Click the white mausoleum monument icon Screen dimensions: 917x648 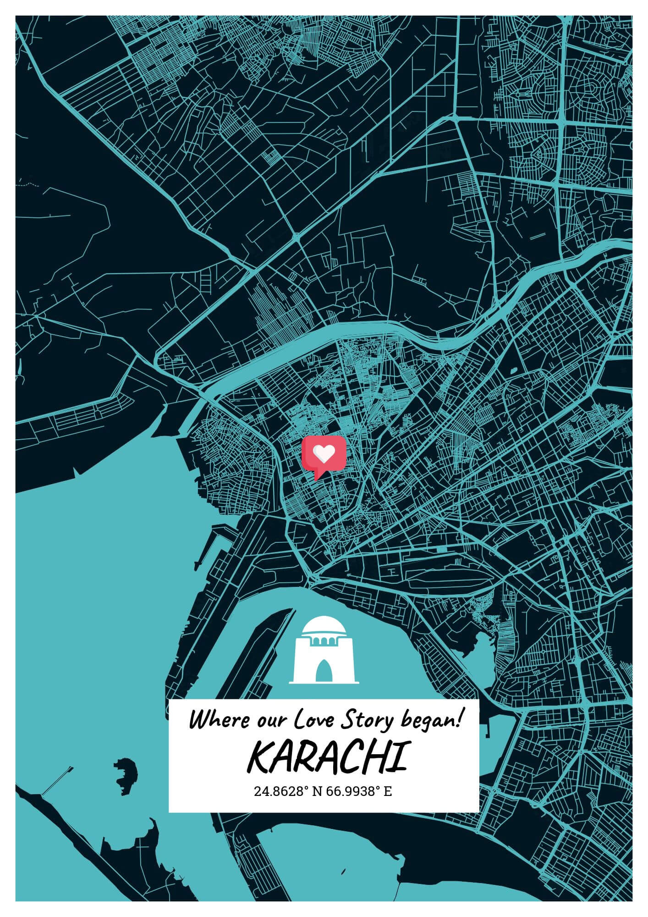point(324,651)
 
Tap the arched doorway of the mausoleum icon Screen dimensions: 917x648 point(324,671)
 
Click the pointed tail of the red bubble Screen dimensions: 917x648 point(316,477)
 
